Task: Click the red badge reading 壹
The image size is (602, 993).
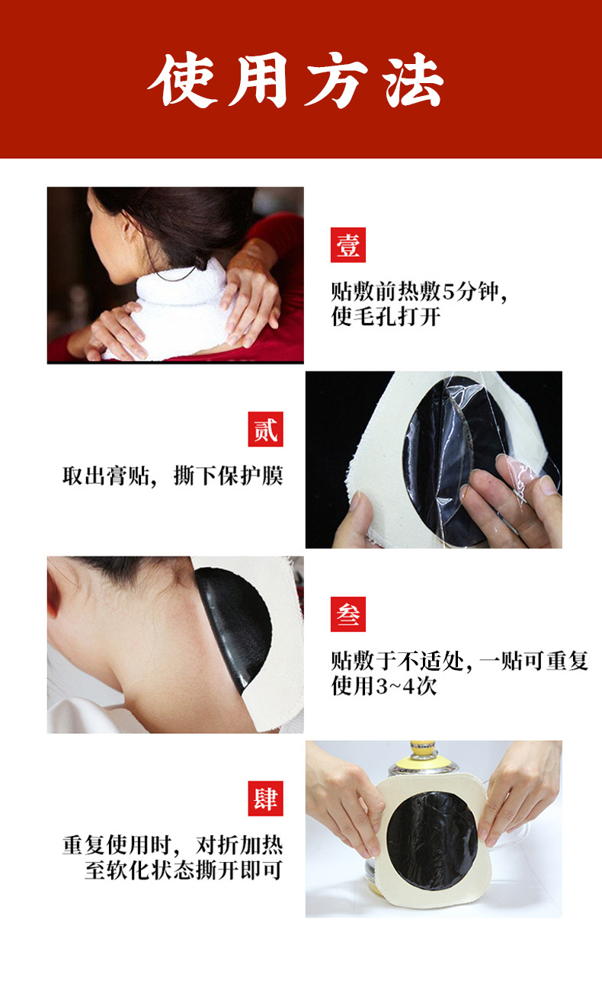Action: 348,245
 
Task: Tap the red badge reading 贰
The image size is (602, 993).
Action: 265,429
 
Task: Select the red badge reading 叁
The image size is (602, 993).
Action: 348,614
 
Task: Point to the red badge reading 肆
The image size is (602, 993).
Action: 265,799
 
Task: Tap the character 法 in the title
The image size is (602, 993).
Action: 414,80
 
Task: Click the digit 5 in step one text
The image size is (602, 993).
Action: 449,293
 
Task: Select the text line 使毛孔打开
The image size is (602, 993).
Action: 386,316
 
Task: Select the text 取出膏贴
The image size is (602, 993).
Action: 105,476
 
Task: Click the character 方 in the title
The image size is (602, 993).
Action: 337,80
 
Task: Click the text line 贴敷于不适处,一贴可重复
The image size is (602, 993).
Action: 460,661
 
